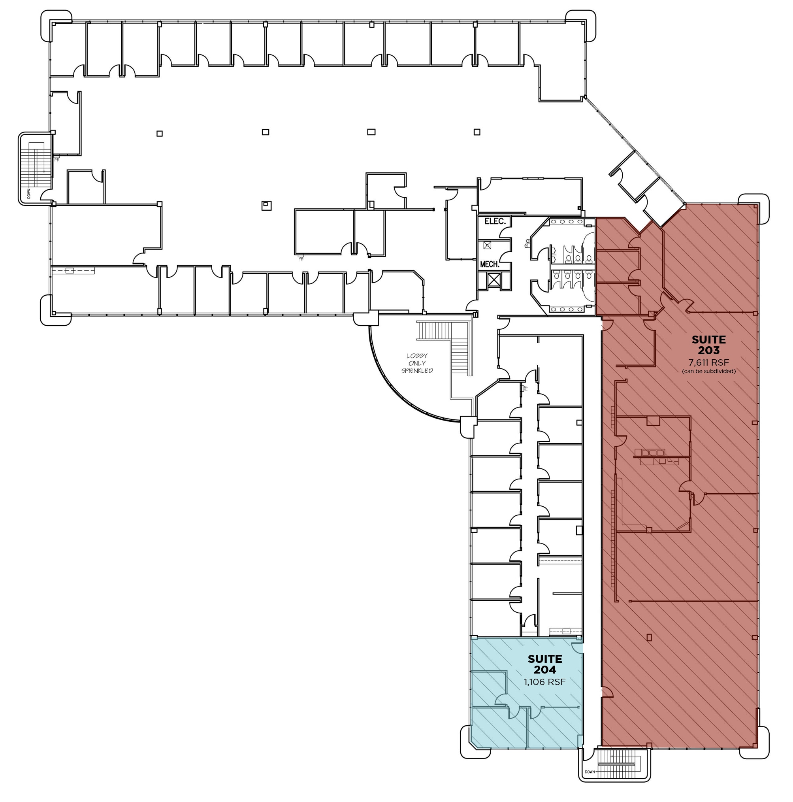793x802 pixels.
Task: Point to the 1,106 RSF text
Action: point(544,682)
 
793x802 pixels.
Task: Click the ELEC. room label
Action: point(495,221)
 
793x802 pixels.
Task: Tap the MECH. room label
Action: point(489,264)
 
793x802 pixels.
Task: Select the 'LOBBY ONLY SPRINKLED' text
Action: point(416,363)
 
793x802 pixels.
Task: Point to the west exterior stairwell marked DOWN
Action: point(36,168)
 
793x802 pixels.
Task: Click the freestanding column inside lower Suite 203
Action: point(649,637)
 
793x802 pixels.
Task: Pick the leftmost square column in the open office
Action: point(159,134)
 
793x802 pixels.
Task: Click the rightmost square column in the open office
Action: point(477,132)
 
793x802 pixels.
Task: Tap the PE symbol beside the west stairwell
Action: point(57,159)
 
